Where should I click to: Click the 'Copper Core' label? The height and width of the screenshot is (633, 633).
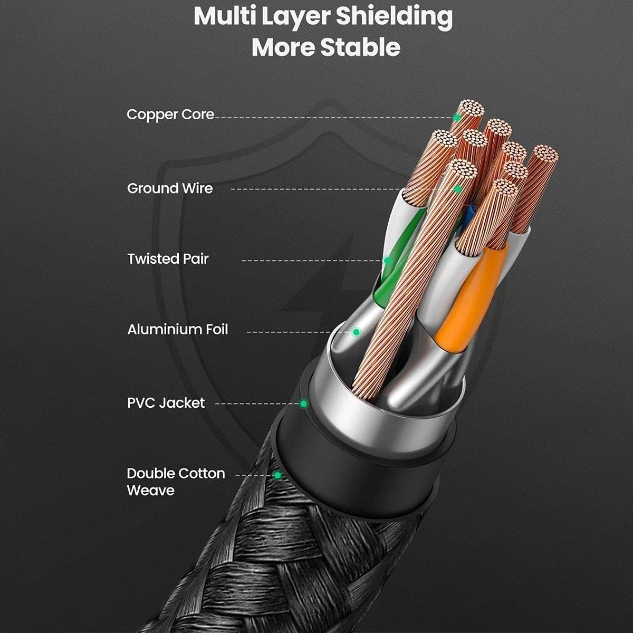coord(170,114)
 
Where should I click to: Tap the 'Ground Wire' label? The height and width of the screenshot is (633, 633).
coord(170,188)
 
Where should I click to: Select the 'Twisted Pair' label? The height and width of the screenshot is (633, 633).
coord(168,258)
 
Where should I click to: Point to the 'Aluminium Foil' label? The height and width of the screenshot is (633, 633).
coord(178,330)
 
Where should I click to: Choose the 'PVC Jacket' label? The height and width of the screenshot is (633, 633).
coord(166,403)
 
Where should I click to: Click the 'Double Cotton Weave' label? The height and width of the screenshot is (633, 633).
coord(176,482)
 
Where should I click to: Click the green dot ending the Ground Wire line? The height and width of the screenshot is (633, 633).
coord(458,188)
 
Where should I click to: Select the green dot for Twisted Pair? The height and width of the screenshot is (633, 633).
coord(387,261)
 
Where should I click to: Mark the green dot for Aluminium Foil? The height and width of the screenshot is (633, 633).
coord(356,332)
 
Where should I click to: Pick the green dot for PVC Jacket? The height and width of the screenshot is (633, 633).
coord(303,404)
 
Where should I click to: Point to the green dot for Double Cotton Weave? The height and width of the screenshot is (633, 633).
coord(277,475)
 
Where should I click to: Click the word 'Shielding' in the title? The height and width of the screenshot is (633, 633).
coord(394,17)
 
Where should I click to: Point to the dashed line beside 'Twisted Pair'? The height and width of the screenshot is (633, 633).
coord(311,261)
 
